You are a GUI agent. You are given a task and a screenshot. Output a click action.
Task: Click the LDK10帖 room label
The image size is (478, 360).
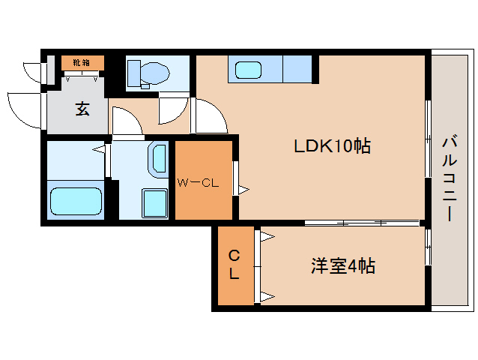331,147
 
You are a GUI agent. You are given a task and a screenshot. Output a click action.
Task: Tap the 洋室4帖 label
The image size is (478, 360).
342,265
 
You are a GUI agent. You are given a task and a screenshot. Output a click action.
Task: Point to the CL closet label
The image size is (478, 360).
234,265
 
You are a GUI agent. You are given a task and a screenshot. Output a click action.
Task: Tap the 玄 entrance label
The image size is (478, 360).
81,109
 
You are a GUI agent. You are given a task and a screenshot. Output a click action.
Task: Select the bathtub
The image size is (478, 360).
75,202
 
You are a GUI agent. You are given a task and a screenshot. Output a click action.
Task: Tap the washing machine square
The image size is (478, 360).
155,202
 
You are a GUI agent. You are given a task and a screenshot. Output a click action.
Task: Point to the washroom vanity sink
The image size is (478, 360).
159,158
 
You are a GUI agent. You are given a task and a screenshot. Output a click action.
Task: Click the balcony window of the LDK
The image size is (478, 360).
428,138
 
